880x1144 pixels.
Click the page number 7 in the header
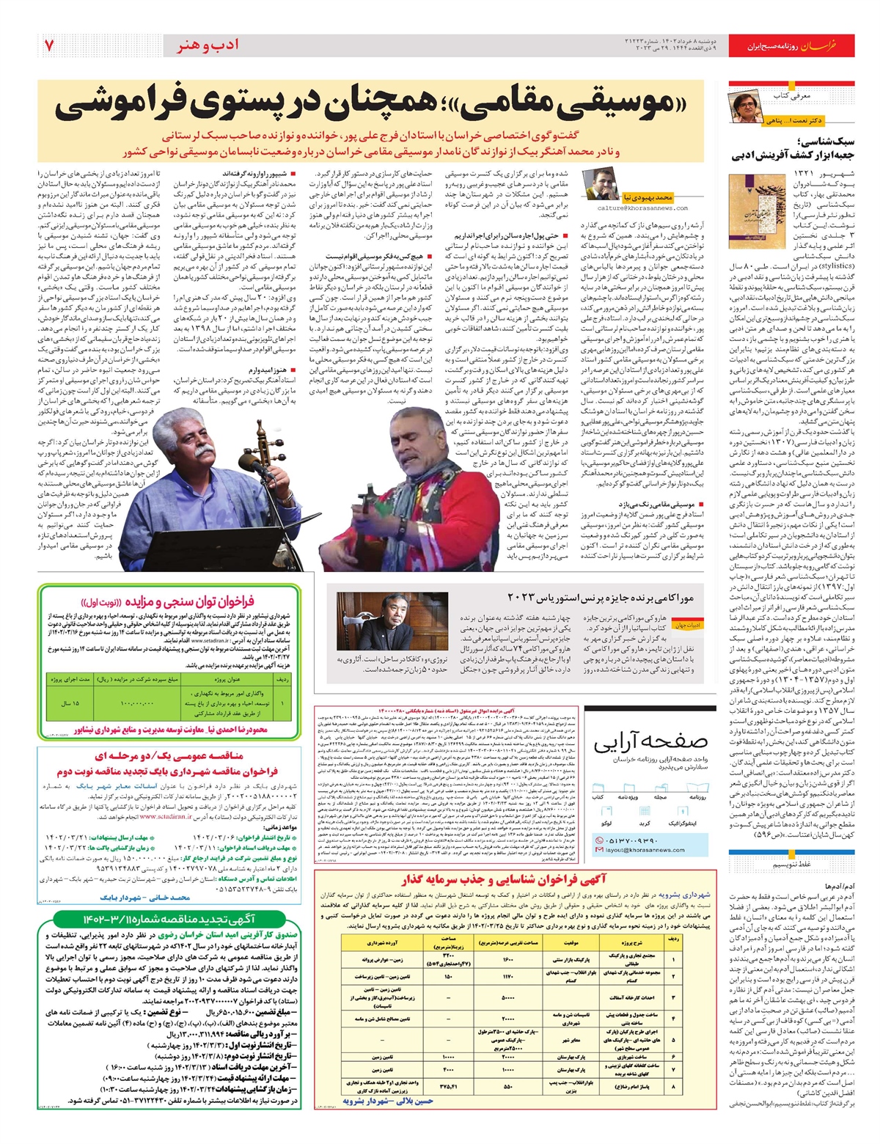click(x=50, y=45)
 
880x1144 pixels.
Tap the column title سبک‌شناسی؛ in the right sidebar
click(x=829, y=143)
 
